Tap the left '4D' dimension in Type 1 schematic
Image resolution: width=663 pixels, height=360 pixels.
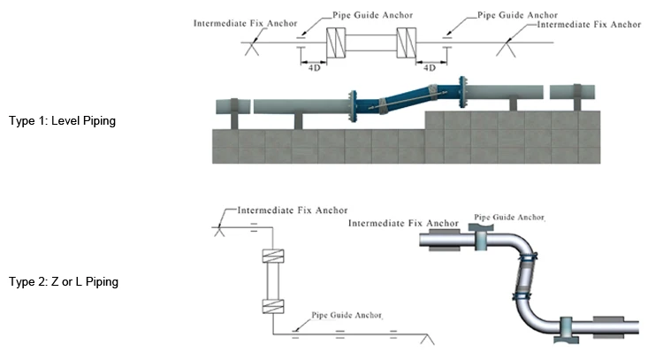[314, 66]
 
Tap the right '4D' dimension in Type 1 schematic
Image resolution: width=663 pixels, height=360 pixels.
[431, 66]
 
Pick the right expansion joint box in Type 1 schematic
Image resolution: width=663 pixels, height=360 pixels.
[407, 42]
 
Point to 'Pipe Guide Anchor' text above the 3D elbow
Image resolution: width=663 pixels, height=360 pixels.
[510, 217]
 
